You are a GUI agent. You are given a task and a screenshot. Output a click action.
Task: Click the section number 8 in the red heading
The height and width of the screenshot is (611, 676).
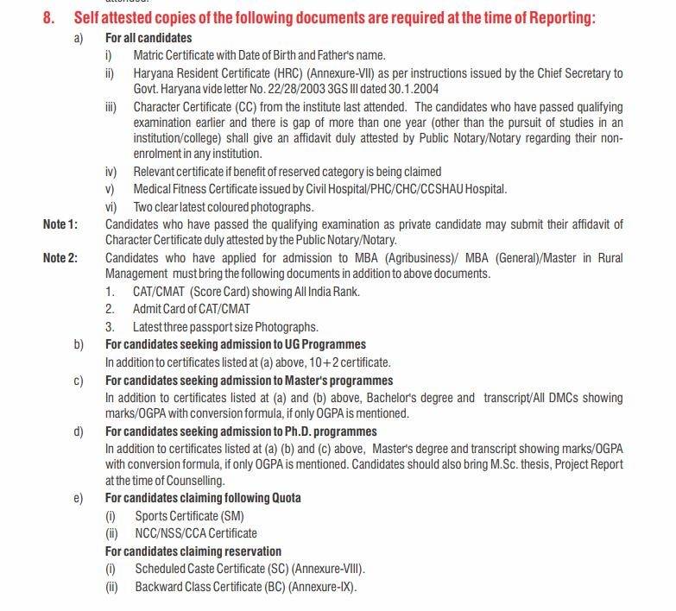pos(48,18)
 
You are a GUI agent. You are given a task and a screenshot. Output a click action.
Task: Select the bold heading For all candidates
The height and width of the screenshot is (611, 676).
pos(148,38)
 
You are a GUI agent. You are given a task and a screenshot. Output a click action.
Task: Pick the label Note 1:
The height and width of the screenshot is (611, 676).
pos(60,224)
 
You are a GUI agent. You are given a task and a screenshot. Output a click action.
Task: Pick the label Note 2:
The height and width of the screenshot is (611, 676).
pos(60,258)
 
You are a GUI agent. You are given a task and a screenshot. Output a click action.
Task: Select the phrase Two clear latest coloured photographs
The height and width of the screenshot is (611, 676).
pos(223,207)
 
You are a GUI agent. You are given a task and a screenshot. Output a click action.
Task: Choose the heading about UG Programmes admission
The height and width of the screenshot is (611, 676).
pos(235,344)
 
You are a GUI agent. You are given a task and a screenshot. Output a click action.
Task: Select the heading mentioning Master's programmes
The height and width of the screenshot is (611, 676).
pos(249,380)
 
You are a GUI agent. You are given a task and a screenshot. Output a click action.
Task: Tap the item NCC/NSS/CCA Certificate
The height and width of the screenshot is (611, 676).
pos(195,533)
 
